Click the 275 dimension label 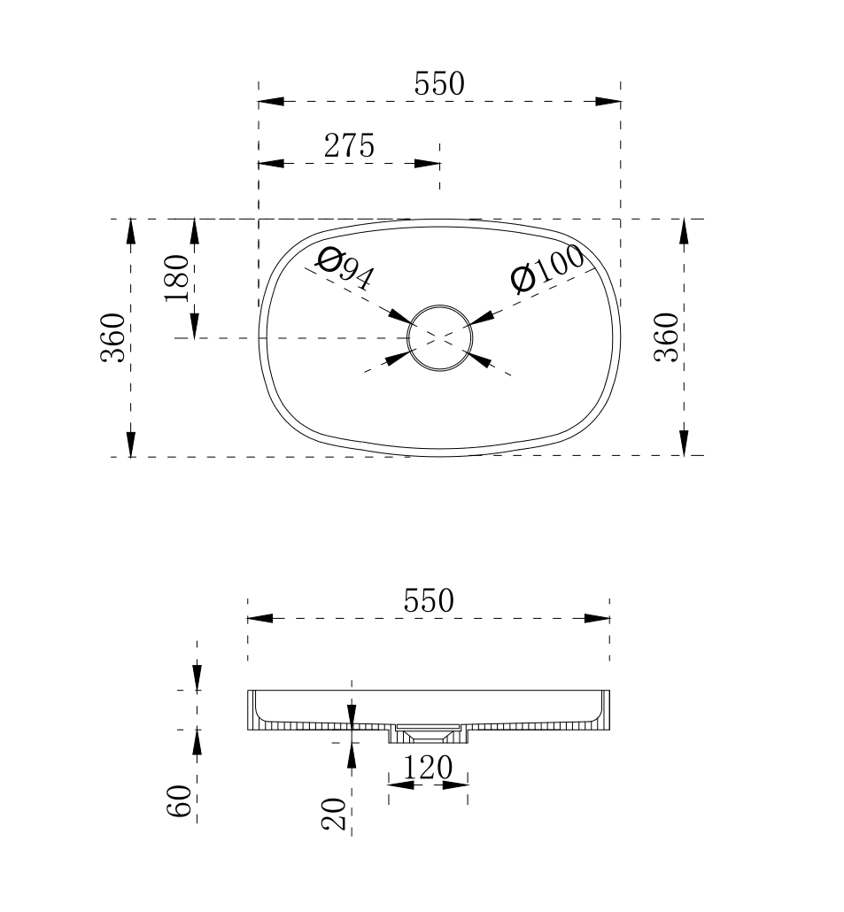tap(349, 145)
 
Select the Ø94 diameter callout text tap(345, 268)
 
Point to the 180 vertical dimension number tap(176, 277)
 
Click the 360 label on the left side tap(112, 337)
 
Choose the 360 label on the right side tap(666, 337)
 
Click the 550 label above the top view tap(438, 84)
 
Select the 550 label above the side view tap(429, 601)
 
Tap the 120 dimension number tap(428, 768)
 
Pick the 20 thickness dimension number tap(334, 813)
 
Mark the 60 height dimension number tap(180, 801)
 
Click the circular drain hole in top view tap(439, 336)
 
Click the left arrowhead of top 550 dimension tap(271, 101)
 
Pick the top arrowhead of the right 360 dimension tap(684, 231)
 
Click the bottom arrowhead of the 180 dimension tap(195, 326)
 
